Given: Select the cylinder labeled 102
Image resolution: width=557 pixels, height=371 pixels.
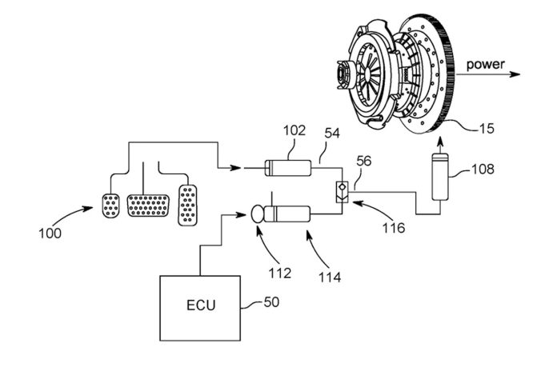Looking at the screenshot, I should click(289, 169).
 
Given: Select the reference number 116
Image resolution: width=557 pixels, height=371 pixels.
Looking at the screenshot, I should click(393, 228).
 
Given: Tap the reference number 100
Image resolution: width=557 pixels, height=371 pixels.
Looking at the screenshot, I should click(50, 234).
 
